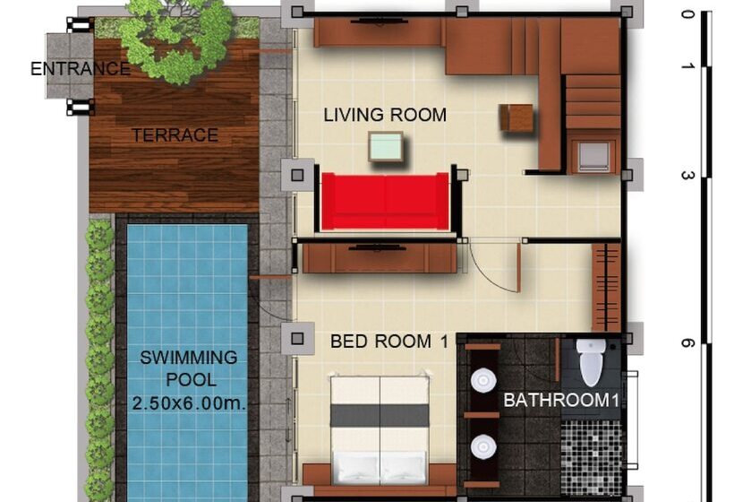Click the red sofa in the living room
click(385, 200)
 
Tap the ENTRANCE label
click(81, 69)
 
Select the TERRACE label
click(175, 135)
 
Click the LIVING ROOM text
click(385, 115)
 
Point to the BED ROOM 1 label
click(388, 342)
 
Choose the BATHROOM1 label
click(561, 401)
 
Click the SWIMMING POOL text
click(189, 368)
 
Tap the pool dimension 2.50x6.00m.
click(189, 403)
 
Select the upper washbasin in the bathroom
click(483, 380)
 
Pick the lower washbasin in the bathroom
click(483, 446)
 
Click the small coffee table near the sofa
click(385, 146)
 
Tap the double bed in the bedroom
click(380, 430)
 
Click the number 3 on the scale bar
click(687, 176)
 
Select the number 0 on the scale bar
click(687, 14)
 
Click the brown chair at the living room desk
click(516, 117)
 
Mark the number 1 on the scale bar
click(687, 67)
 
